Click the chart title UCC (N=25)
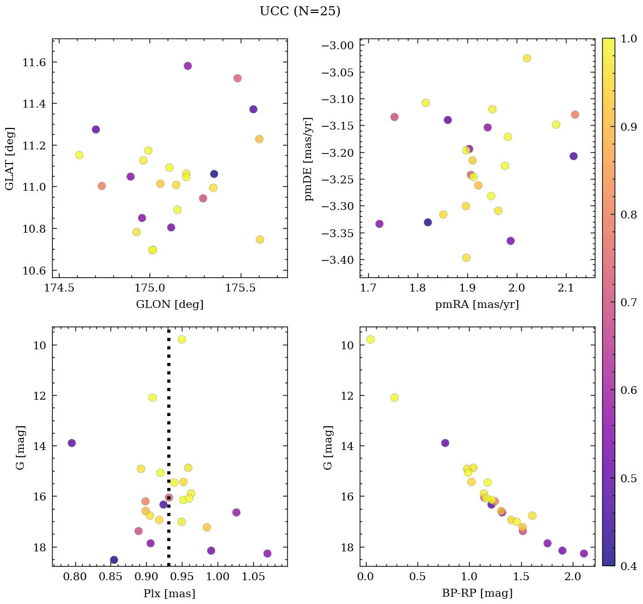[x=300, y=11]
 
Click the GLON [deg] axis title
[x=169, y=305]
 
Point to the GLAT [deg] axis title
[x=10, y=158]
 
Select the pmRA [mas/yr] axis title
[x=476, y=305]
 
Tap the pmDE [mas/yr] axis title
[x=308, y=158]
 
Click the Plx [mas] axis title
[x=169, y=593]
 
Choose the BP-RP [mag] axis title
[x=476, y=593]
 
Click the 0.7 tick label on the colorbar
[x=629, y=302]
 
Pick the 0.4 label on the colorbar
[x=629, y=566]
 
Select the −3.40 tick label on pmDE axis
[x=338, y=260]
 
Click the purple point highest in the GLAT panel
[x=188, y=66]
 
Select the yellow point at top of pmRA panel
[x=527, y=58]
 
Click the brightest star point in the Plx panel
[x=182, y=339]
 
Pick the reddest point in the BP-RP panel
[x=584, y=553]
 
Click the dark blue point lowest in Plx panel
[x=114, y=560]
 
